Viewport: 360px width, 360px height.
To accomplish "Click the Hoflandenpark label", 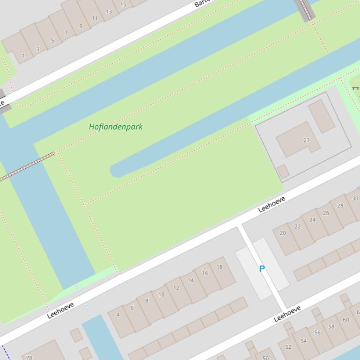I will point(116,127).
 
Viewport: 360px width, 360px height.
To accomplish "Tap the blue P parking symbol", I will point(262,269).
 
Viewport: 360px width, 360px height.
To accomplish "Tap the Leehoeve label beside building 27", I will point(272,205).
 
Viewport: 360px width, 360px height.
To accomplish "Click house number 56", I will point(317,333).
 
